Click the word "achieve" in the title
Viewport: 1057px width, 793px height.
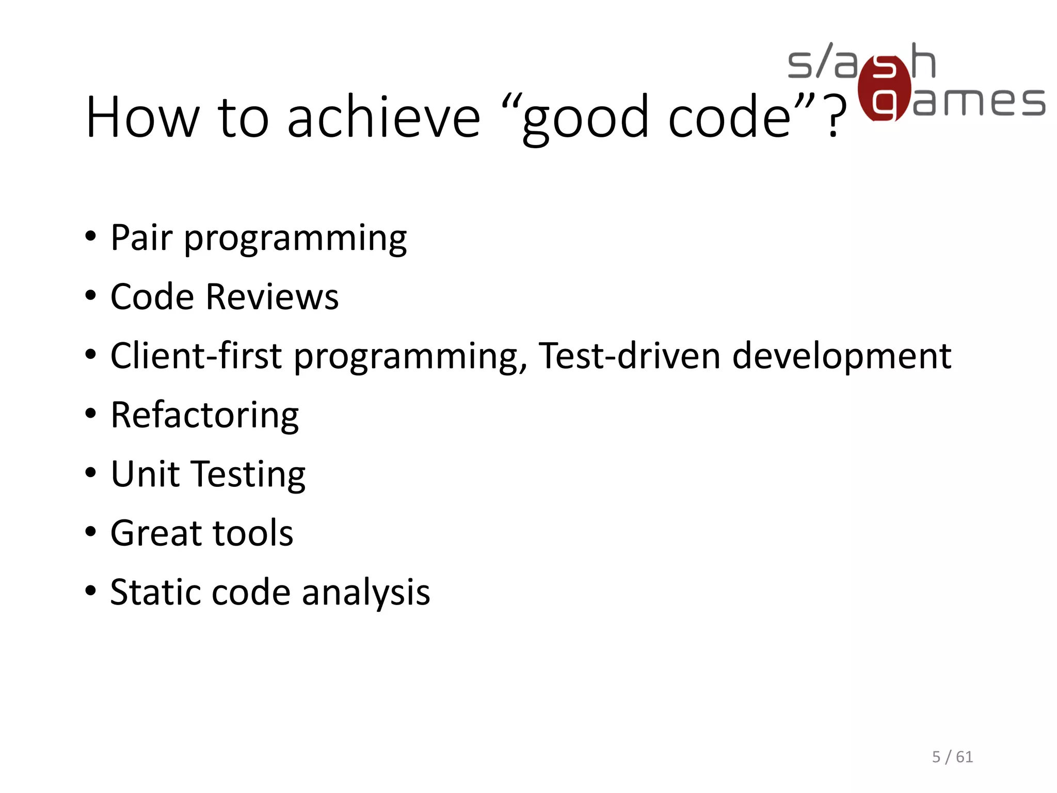[383, 117]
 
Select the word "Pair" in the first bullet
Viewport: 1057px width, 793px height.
[141, 238]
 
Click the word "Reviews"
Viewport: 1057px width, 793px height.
[272, 297]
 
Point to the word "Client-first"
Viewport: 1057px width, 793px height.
[196, 356]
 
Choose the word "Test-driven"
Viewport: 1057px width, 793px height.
[629, 356]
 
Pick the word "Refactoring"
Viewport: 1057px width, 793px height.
[204, 416]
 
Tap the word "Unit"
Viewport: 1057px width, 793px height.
[145, 474]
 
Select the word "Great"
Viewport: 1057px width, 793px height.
[155, 533]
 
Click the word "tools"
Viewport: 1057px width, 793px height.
[253, 533]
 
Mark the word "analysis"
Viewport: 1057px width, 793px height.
[366, 592]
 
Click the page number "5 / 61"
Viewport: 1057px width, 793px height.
[952, 757]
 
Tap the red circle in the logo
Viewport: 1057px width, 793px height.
[884, 88]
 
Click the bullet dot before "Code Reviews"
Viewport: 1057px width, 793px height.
[91, 296]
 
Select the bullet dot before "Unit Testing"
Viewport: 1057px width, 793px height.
[91, 472]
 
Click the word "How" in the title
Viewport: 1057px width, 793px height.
[142, 117]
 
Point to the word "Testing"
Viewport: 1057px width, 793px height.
[249, 474]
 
